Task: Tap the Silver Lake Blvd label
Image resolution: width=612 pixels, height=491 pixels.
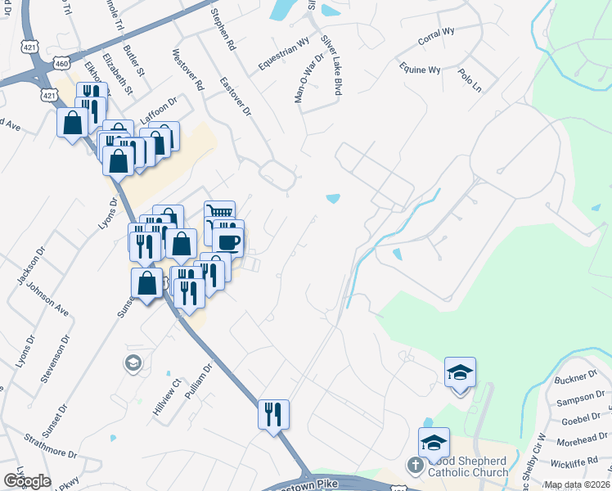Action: [330, 65]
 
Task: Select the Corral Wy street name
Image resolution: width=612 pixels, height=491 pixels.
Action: [436, 36]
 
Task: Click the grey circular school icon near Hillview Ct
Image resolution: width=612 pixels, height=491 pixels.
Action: [133, 362]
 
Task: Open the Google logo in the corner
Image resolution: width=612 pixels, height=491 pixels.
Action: [27, 480]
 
